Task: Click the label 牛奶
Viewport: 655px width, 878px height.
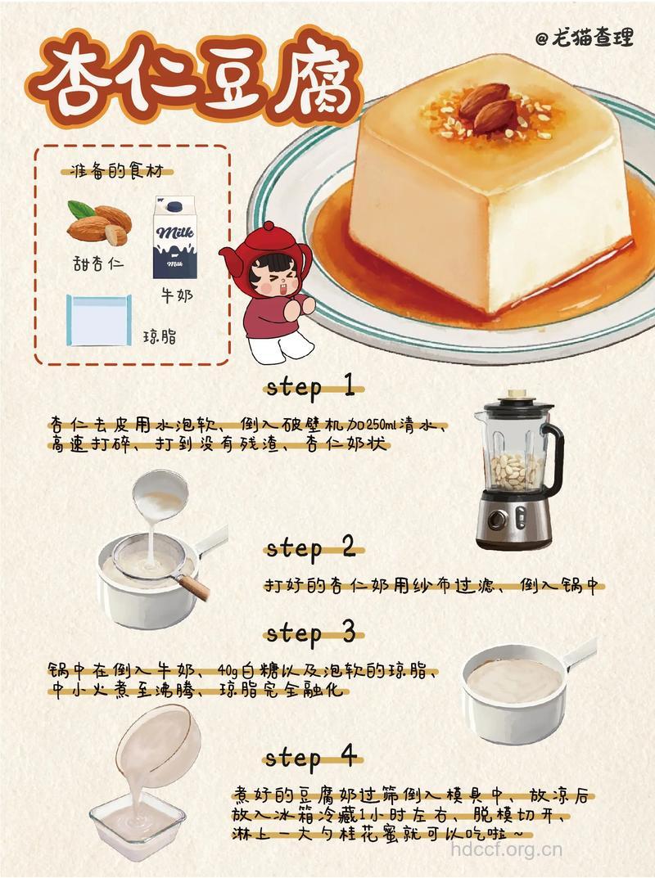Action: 174,294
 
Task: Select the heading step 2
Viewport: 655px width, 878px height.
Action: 310,547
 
